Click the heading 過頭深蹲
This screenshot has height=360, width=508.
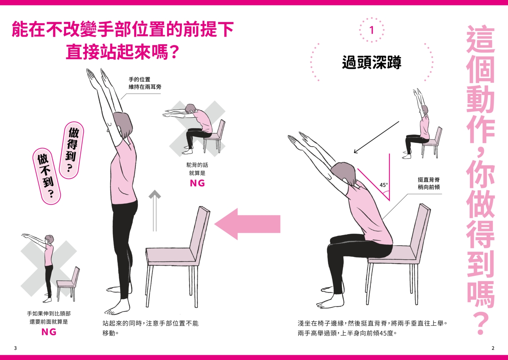point(371,62)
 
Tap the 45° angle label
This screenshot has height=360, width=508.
point(384,185)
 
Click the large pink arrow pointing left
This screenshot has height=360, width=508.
point(247,224)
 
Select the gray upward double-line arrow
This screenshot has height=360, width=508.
point(155,211)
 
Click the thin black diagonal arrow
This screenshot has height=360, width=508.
point(376,137)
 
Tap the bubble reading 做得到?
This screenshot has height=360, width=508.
point(71,150)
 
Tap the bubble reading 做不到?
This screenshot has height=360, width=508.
point(46,176)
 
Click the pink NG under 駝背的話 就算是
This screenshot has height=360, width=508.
point(197,183)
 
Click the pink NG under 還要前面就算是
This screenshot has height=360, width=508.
point(49,332)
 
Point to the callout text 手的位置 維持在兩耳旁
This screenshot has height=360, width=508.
point(145,83)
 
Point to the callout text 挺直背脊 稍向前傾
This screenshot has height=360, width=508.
point(429,183)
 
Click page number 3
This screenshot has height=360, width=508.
point(15,348)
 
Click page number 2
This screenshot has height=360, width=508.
point(493,348)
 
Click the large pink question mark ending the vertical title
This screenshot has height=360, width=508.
point(480,323)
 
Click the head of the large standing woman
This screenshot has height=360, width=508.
point(122,125)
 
